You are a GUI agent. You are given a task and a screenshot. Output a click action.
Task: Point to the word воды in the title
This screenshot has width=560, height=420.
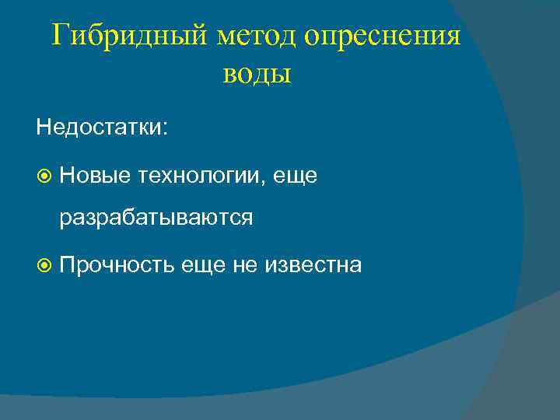tap(257, 75)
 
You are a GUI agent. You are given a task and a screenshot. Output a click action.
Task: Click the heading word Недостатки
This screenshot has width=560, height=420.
tap(98, 127)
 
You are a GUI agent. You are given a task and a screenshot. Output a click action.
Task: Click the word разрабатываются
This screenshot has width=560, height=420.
tap(156, 219)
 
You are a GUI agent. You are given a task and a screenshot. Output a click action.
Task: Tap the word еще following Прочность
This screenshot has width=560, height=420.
tap(202, 265)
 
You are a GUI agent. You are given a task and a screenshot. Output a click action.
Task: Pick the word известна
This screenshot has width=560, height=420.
tap(313, 265)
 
